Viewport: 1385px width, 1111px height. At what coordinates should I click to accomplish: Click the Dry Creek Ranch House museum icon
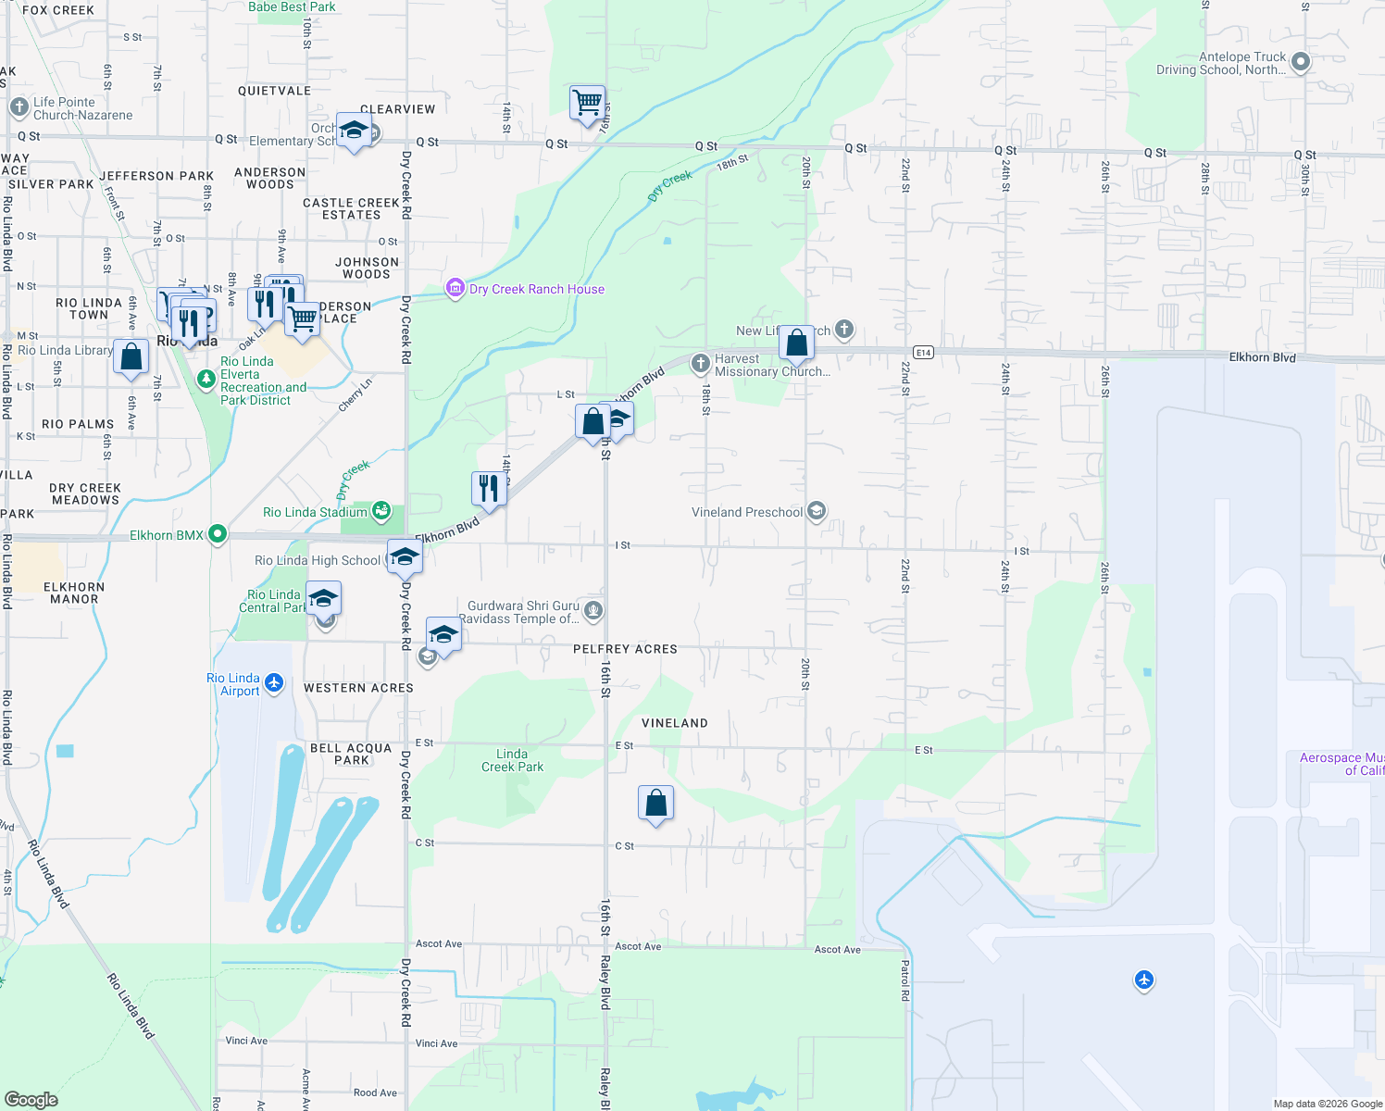[455, 289]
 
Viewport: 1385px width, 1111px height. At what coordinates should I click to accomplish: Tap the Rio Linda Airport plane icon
[274, 683]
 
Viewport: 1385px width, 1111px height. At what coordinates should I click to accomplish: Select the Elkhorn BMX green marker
[218, 534]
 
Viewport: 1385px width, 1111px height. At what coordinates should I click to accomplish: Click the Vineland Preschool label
[747, 512]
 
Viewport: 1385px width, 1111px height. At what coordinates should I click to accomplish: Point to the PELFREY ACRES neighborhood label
[625, 649]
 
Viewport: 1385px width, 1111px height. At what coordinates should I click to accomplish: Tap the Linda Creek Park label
[512, 760]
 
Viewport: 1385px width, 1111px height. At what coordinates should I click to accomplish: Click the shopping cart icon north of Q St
[587, 104]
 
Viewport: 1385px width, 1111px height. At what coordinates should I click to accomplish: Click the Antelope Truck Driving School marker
[1300, 62]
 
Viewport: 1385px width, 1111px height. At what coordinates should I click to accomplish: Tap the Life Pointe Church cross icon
[19, 107]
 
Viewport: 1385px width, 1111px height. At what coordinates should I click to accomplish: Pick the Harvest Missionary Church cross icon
[700, 364]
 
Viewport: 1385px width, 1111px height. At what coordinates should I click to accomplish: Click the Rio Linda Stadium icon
[381, 511]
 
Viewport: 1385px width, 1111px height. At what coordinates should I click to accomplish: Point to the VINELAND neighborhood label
[675, 723]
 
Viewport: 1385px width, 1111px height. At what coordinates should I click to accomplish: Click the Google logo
[31, 1099]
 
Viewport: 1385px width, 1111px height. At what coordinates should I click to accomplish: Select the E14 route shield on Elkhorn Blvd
[922, 352]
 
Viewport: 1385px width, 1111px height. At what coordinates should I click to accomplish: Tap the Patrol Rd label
[905, 980]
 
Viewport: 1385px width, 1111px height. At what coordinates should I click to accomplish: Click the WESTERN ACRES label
[358, 688]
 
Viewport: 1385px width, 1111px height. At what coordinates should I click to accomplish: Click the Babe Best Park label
[292, 7]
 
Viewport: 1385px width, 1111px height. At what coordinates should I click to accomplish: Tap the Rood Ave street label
[375, 1092]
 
